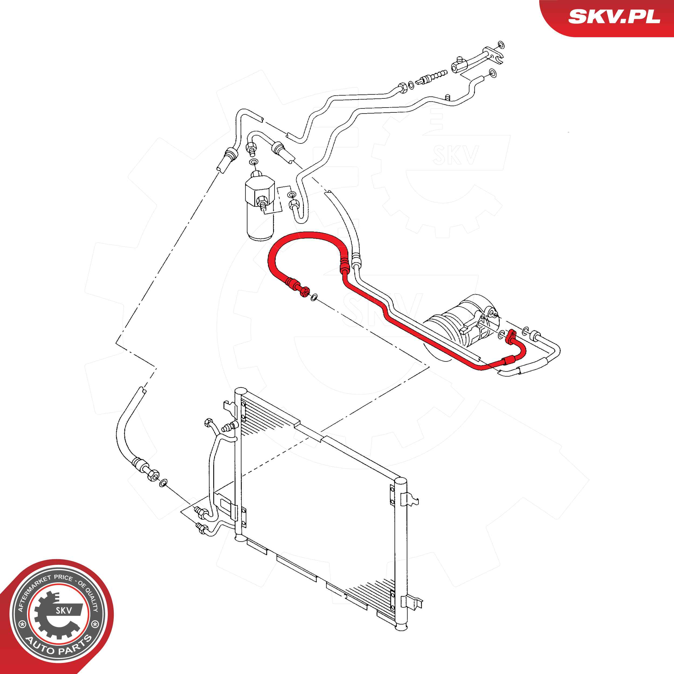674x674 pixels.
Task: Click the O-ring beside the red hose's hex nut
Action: coord(314,298)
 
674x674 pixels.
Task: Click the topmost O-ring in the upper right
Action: coord(501,45)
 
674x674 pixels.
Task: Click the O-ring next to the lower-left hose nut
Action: coord(163,483)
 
